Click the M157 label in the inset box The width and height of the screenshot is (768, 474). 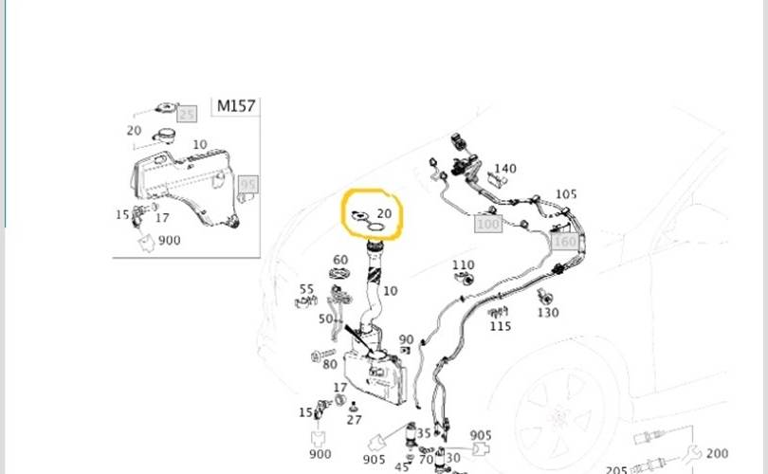coord(236,106)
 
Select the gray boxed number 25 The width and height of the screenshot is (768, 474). coord(187,115)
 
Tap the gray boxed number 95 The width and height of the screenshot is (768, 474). coord(248,184)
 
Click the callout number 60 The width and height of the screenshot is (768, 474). coord(340,260)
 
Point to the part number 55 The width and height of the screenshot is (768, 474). coord(306,289)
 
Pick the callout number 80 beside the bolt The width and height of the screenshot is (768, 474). coord(330,364)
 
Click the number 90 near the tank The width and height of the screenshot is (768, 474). coord(406,339)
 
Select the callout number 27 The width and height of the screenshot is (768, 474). coord(355,419)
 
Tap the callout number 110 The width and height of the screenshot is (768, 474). coord(463,265)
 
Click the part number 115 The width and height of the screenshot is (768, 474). coord(501,326)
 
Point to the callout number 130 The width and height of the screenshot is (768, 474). coord(548,313)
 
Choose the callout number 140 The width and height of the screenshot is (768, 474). coord(505,169)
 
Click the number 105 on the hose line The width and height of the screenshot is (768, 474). coord(566,194)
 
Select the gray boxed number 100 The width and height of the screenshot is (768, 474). coord(487,225)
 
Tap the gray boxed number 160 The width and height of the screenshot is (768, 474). coord(564,241)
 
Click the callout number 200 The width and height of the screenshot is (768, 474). coord(718,454)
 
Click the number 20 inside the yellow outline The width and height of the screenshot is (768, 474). coord(384,214)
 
